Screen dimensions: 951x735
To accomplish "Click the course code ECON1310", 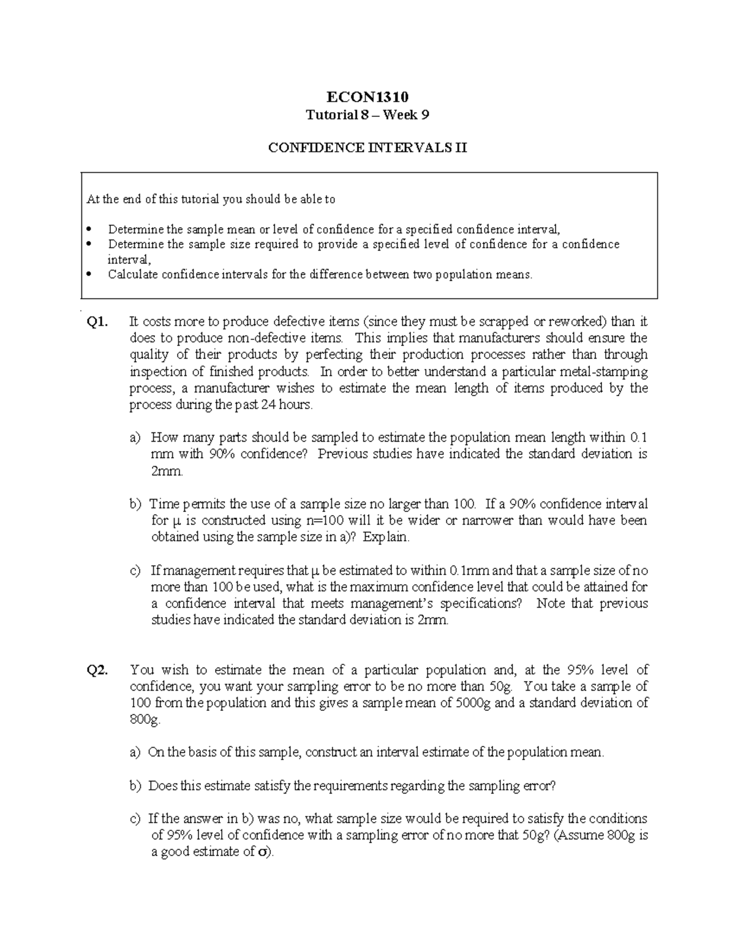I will pos(367,97).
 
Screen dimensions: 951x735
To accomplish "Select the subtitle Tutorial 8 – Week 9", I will pos(367,115).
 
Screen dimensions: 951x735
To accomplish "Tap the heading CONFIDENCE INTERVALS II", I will pos(367,148).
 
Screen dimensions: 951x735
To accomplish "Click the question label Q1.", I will pos(97,322).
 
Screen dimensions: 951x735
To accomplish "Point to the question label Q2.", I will pos(97,670).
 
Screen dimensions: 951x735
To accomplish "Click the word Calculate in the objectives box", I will pos(133,274).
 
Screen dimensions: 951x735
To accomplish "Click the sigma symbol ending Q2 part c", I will pos(263,852).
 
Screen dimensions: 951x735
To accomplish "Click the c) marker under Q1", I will pos(135,571).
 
